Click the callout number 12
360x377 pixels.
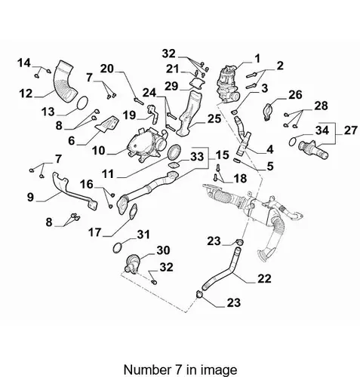(x=26, y=93)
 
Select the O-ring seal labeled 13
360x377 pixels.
(x=82, y=103)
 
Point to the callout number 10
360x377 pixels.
(x=98, y=151)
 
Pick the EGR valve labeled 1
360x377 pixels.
(x=227, y=84)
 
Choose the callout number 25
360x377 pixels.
(x=214, y=118)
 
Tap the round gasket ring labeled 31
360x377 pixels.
(x=118, y=247)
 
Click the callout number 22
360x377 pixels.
(x=264, y=279)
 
